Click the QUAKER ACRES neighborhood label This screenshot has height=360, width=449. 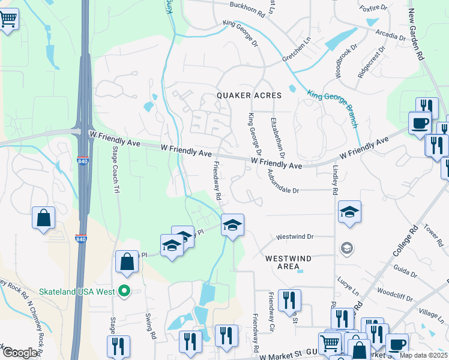tap(249, 96)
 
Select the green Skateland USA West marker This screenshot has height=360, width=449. tap(124, 292)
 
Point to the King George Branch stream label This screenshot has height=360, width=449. tap(333, 108)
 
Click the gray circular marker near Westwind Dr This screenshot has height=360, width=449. tap(346, 247)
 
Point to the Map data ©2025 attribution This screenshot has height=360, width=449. tap(423, 355)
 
